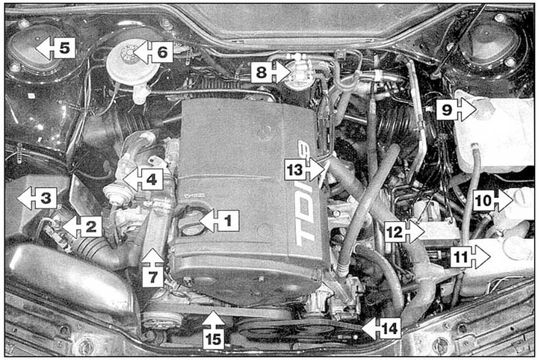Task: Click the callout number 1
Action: (228, 220)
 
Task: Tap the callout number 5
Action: (65, 48)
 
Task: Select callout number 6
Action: (162, 52)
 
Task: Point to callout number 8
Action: (262, 72)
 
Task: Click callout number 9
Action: (447, 110)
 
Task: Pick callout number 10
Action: (484, 200)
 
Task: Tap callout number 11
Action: (461, 257)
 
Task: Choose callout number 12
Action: (395, 232)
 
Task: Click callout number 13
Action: (295, 170)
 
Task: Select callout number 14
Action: (389, 329)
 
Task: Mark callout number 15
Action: (213, 339)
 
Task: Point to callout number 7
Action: (152, 276)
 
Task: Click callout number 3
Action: (46, 198)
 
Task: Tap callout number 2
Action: (91, 226)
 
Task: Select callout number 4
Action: (152, 179)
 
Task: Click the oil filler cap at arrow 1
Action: (190, 223)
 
